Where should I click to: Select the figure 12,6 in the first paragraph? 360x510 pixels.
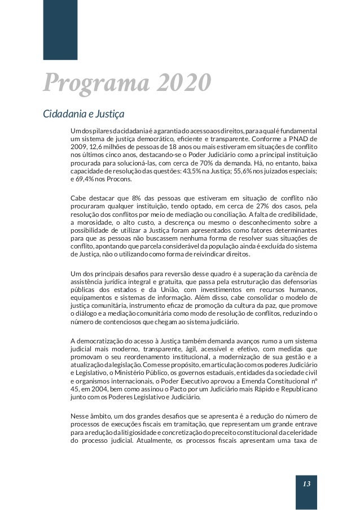[x=98, y=145]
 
